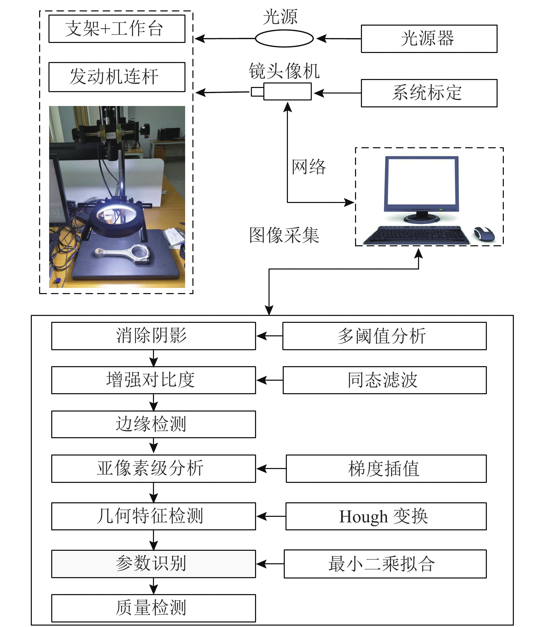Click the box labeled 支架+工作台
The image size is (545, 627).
coord(117,29)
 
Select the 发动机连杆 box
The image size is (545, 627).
coord(117,77)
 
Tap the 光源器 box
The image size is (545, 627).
coord(429,39)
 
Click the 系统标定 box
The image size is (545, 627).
coord(429,93)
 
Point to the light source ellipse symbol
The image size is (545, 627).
coord(284,38)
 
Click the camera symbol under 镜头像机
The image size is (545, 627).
coord(281,91)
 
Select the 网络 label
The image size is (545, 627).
coord(309,167)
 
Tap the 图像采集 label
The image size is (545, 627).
coord(284,235)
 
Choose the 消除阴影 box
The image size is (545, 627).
coord(154,336)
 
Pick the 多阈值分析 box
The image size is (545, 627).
coord(384,336)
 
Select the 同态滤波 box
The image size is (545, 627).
coord(385,380)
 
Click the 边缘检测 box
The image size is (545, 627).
coord(154,424)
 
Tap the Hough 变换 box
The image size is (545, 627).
coord(386,516)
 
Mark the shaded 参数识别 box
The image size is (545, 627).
coord(154,564)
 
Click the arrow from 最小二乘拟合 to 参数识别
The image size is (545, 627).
coord(270,564)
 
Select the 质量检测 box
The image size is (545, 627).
coord(154,608)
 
